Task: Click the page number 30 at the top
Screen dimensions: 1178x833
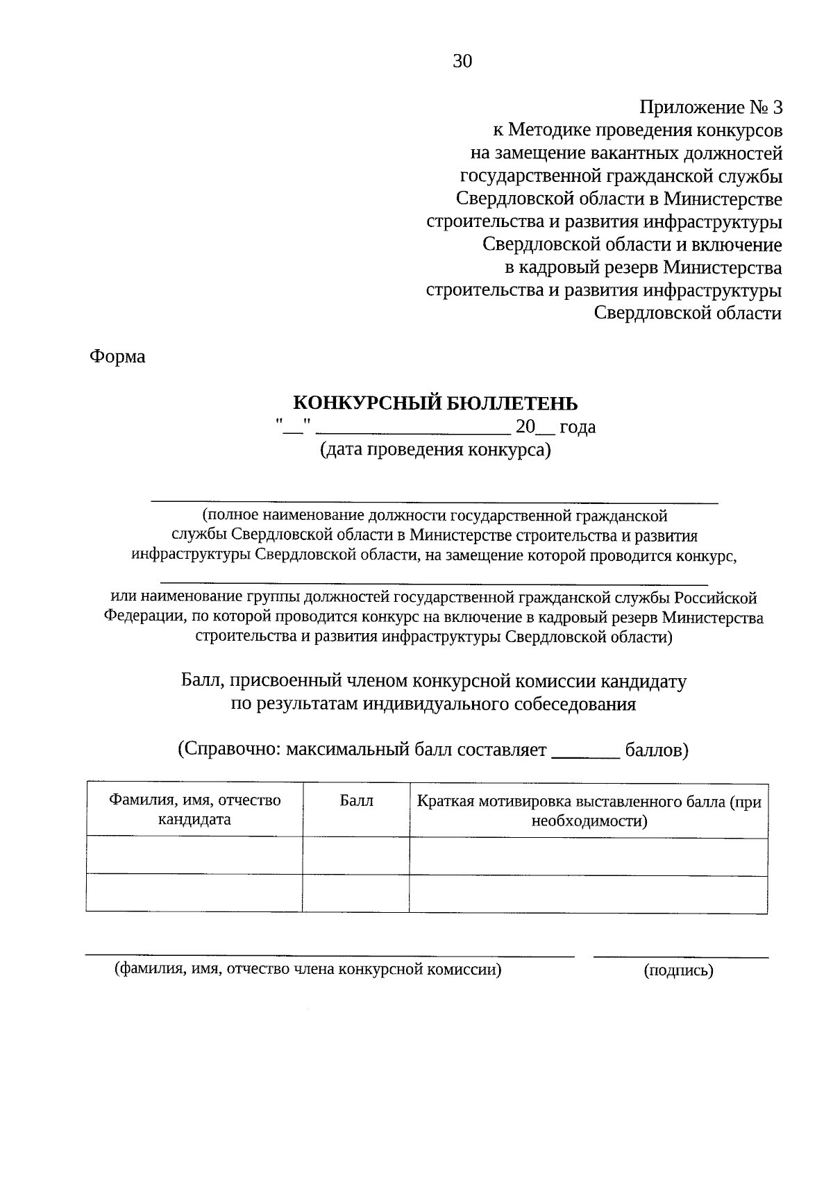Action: click(x=462, y=62)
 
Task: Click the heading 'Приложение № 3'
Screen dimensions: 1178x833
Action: click(x=710, y=108)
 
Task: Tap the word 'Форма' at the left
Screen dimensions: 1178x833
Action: click(x=117, y=357)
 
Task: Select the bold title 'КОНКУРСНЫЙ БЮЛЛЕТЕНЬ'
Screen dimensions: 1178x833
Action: click(x=435, y=403)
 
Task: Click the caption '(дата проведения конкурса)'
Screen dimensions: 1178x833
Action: click(x=435, y=450)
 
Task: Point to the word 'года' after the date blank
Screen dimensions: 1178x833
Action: click(x=578, y=427)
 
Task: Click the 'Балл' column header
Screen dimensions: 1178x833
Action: click(x=356, y=801)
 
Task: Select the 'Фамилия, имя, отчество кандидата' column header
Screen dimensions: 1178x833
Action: click(x=194, y=809)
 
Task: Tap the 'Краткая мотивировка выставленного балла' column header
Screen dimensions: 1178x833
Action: click(x=589, y=811)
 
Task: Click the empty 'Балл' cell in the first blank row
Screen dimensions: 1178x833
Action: click(x=356, y=855)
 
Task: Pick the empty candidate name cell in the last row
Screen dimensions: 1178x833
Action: click(x=194, y=893)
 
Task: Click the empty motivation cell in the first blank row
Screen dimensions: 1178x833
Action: click(x=589, y=855)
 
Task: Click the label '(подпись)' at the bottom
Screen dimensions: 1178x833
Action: click(x=678, y=971)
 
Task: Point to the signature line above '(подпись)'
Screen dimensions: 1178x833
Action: click(x=680, y=957)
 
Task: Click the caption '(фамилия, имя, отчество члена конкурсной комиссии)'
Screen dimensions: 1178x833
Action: click(x=308, y=970)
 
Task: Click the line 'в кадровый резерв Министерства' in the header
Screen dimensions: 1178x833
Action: click(x=643, y=267)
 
